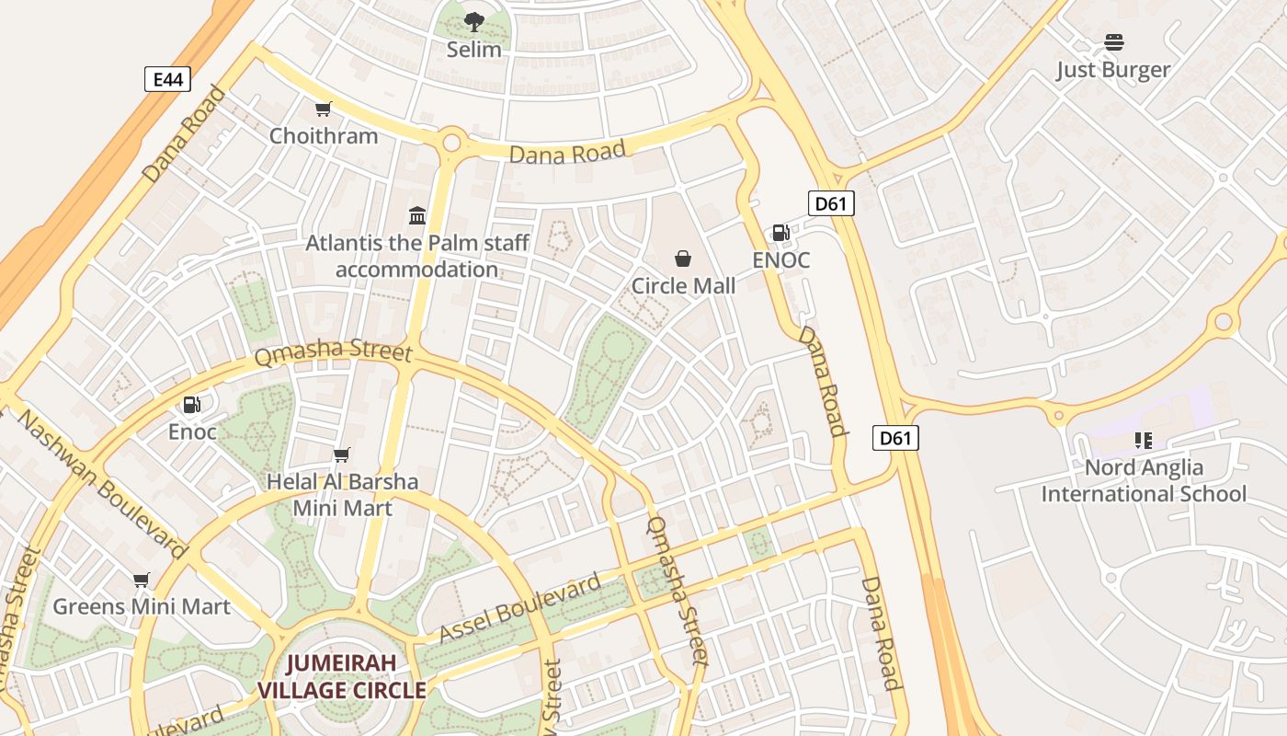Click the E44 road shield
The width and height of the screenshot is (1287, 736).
tap(168, 79)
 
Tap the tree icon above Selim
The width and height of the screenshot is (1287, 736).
tap(473, 21)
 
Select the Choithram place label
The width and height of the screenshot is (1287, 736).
tap(323, 136)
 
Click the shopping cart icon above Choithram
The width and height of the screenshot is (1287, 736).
tap(323, 109)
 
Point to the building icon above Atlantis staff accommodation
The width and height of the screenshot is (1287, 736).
tap(417, 215)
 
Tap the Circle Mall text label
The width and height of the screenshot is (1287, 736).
tap(683, 286)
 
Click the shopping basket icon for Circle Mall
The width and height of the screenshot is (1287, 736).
tap(683, 259)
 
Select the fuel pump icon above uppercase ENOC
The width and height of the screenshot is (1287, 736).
tap(780, 233)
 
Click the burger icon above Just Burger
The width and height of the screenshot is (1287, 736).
tap(1113, 42)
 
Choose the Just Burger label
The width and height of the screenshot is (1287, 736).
tap(1113, 70)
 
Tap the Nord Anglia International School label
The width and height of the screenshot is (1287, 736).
tap(1144, 480)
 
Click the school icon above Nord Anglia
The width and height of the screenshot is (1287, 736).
tap(1143, 441)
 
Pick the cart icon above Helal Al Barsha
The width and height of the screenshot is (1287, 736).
tap(341, 454)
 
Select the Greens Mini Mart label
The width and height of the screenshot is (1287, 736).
tap(142, 607)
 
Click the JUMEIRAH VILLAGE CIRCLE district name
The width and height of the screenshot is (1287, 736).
tap(342, 676)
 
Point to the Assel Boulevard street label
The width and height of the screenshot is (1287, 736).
tap(520, 608)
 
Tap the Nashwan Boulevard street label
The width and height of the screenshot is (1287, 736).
tap(101, 484)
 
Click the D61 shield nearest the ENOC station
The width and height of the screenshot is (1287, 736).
tap(831, 203)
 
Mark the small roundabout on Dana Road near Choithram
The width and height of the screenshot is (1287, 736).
tap(451, 143)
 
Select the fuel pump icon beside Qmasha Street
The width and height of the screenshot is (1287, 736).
tap(191, 405)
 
